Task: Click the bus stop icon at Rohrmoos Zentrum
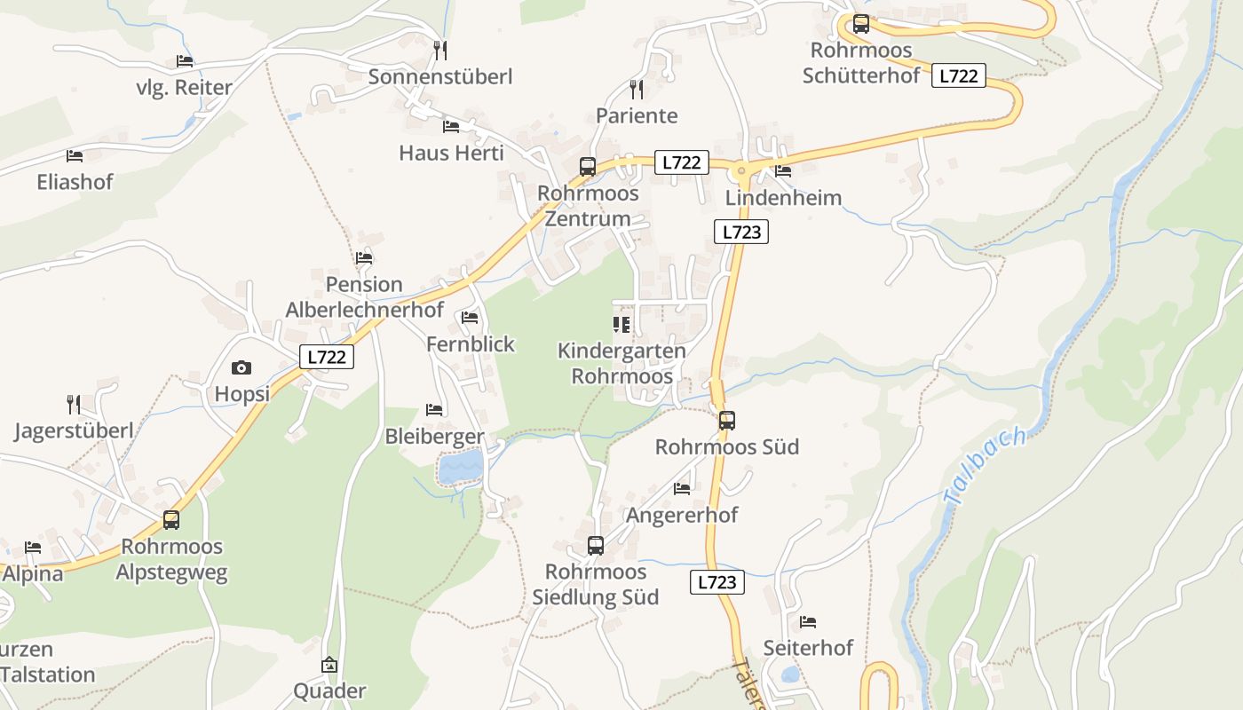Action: (587, 166)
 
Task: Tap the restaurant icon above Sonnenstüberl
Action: (440, 50)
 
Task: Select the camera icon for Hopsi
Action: (241, 367)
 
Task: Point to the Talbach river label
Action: (986, 467)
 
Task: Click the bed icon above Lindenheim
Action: (783, 170)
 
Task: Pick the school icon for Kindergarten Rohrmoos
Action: (621, 325)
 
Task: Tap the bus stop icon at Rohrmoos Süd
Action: (727, 421)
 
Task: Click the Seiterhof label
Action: (808, 648)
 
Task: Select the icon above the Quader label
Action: (329, 665)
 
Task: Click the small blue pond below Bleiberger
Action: (462, 467)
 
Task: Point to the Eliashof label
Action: (75, 182)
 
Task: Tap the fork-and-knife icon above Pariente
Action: (636, 89)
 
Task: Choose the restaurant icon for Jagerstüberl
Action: (74, 405)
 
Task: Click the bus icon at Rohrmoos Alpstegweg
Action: (171, 520)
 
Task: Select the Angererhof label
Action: (682, 515)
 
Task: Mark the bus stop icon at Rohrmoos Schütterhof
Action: (860, 24)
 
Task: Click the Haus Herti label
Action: (451, 153)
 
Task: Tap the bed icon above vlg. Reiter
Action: (185, 61)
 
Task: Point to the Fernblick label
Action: (471, 344)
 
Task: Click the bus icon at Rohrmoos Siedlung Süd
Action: (596, 546)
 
